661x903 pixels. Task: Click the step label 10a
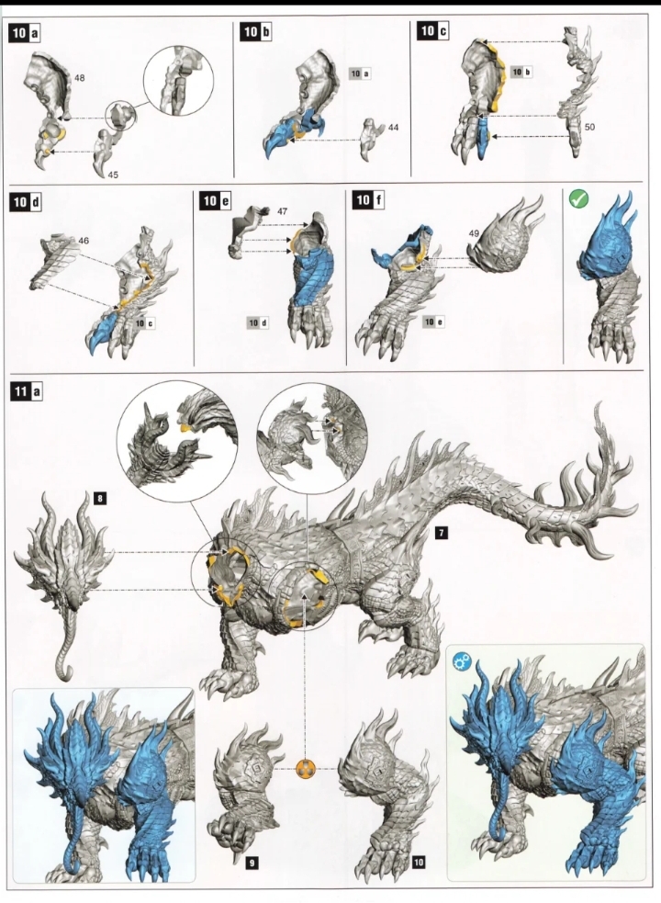click(x=25, y=33)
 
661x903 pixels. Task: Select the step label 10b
click(x=256, y=31)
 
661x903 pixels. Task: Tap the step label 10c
click(x=433, y=30)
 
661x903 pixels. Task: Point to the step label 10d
click(x=26, y=201)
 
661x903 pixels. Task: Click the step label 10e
click(x=216, y=200)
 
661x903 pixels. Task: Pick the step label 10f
click(x=368, y=200)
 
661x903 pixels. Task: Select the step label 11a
click(x=26, y=391)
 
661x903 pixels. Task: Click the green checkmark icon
click(x=578, y=199)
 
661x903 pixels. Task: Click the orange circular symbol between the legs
click(x=305, y=768)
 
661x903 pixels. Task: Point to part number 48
click(x=80, y=78)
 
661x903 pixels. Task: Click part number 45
click(x=113, y=175)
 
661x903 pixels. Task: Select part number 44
click(x=393, y=128)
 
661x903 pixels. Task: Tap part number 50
click(x=589, y=127)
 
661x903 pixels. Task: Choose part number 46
click(x=84, y=241)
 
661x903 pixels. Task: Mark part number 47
click(x=282, y=211)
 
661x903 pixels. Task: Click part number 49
click(x=474, y=233)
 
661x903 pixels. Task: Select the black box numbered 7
click(x=441, y=534)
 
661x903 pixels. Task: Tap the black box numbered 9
click(x=251, y=862)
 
